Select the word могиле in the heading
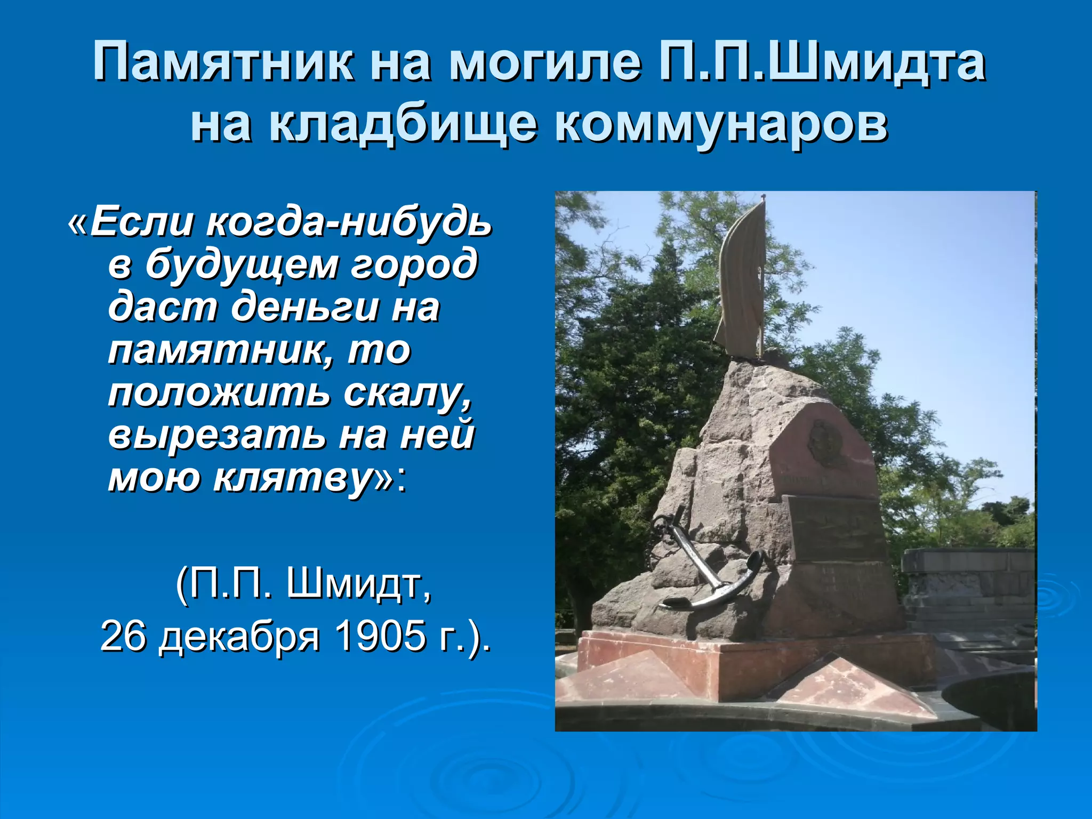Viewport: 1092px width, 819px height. click(544, 62)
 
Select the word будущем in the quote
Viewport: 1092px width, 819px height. click(242, 263)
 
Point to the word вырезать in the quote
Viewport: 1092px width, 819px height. click(216, 435)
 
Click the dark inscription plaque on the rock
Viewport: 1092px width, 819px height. click(834, 528)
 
